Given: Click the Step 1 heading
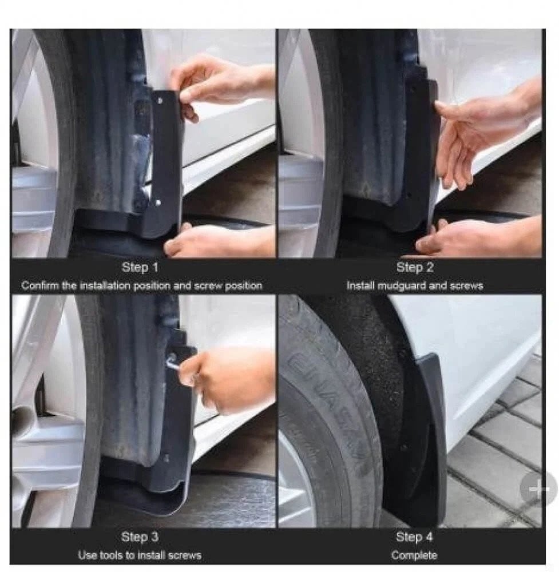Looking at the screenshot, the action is point(140,267).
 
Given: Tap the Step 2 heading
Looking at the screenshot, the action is point(415,267).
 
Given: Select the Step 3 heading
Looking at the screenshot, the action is point(140,537).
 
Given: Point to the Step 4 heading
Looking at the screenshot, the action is point(414,537).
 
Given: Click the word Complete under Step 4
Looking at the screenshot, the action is point(414,555).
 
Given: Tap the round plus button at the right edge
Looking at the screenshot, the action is point(538,489).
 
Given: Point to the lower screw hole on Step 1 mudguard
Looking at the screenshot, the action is point(158,202).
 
